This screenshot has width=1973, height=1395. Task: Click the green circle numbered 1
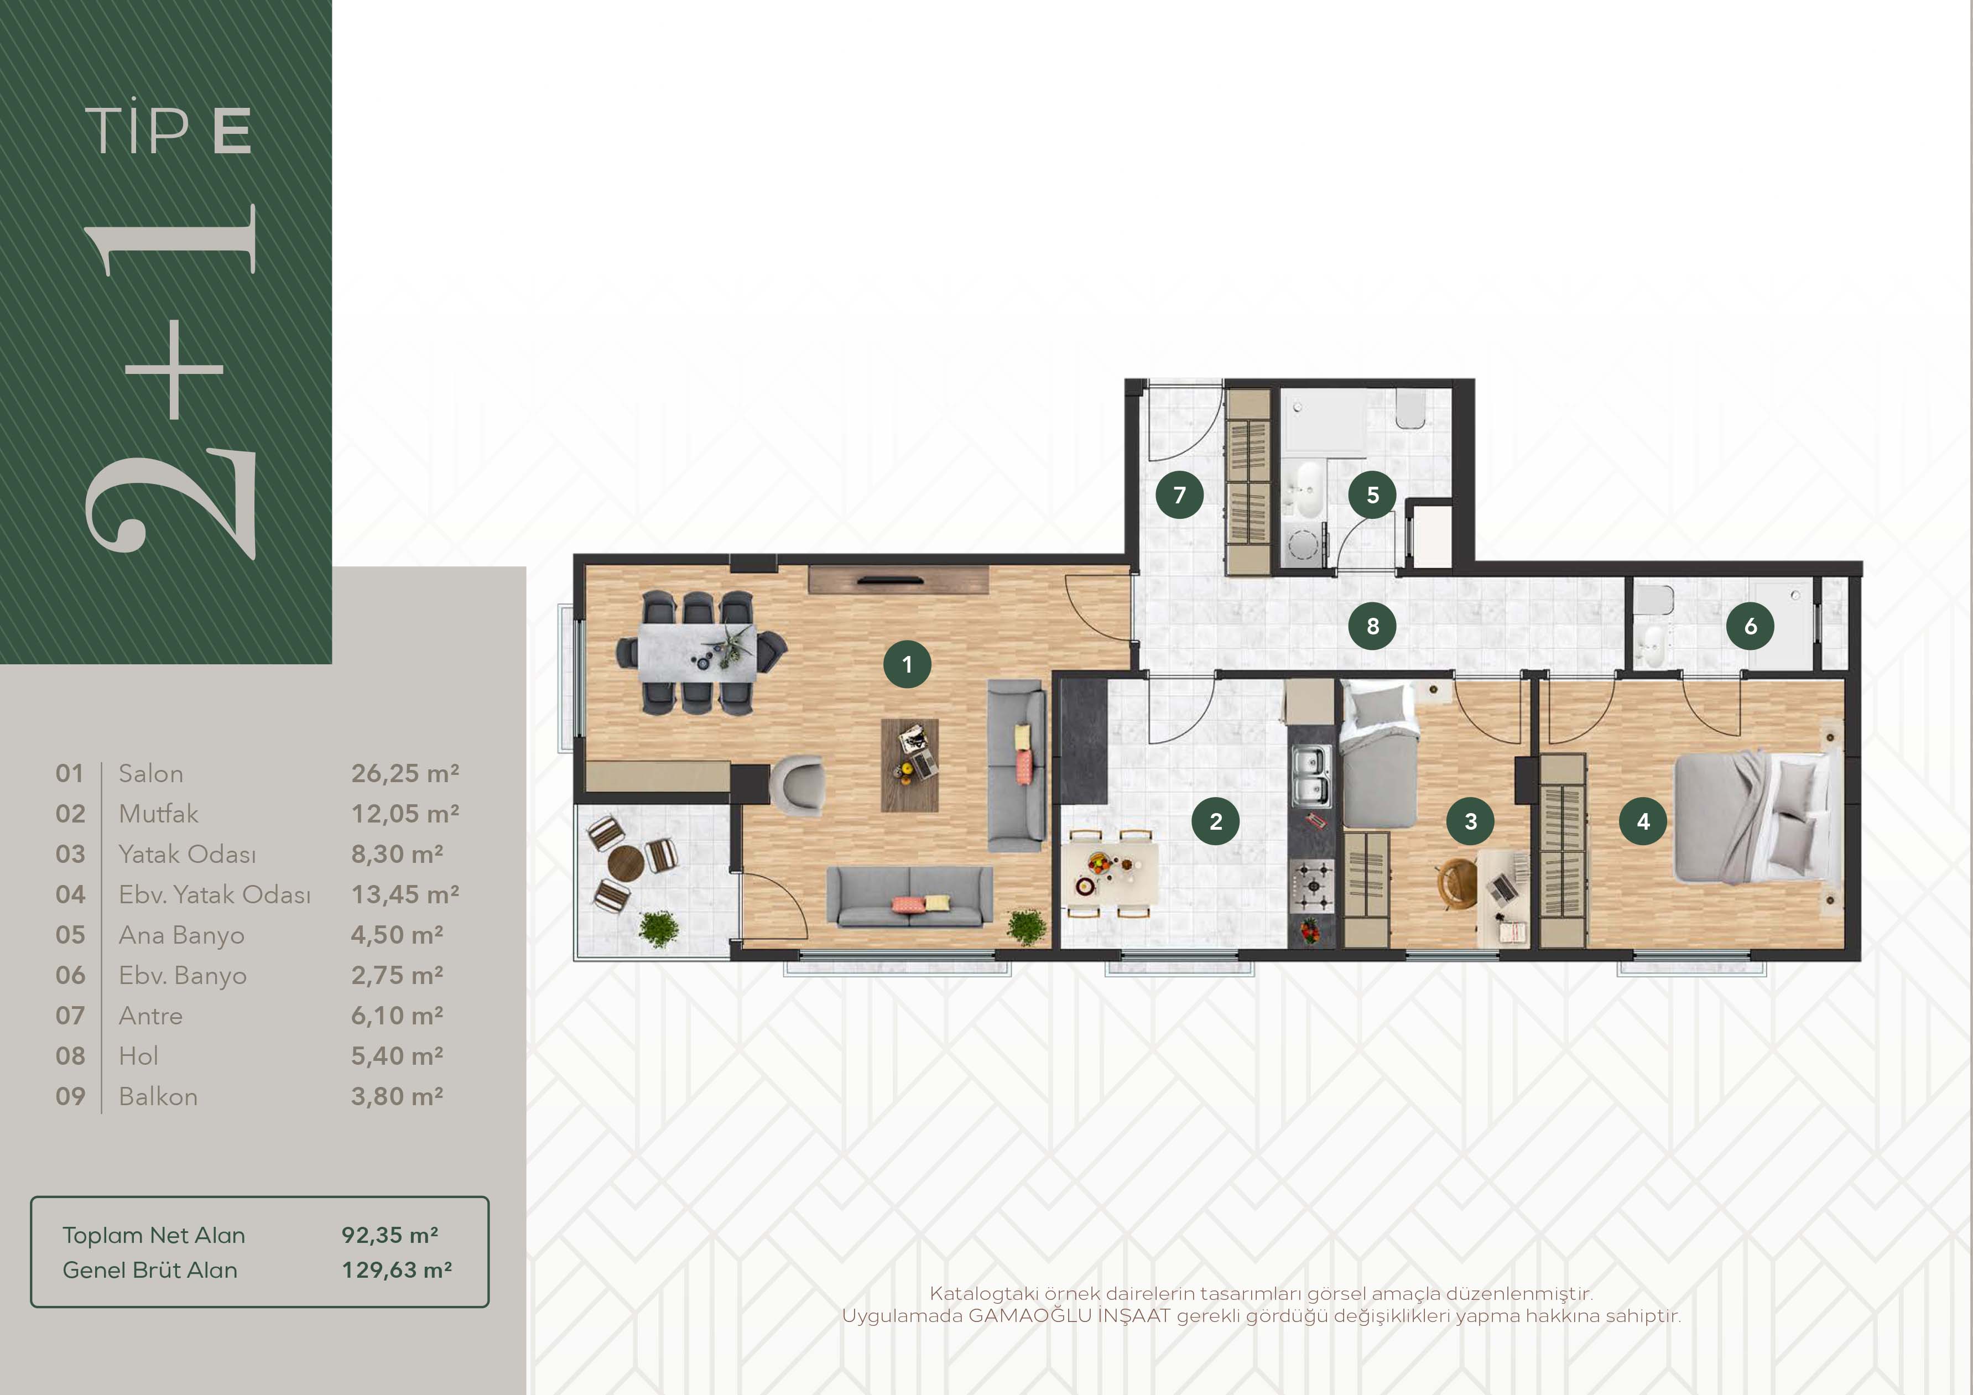point(907,664)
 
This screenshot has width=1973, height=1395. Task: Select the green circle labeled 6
point(1751,626)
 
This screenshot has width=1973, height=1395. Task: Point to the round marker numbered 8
point(1372,626)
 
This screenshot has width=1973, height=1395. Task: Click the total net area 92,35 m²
point(390,1235)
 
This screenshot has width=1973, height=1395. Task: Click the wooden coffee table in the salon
point(910,765)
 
